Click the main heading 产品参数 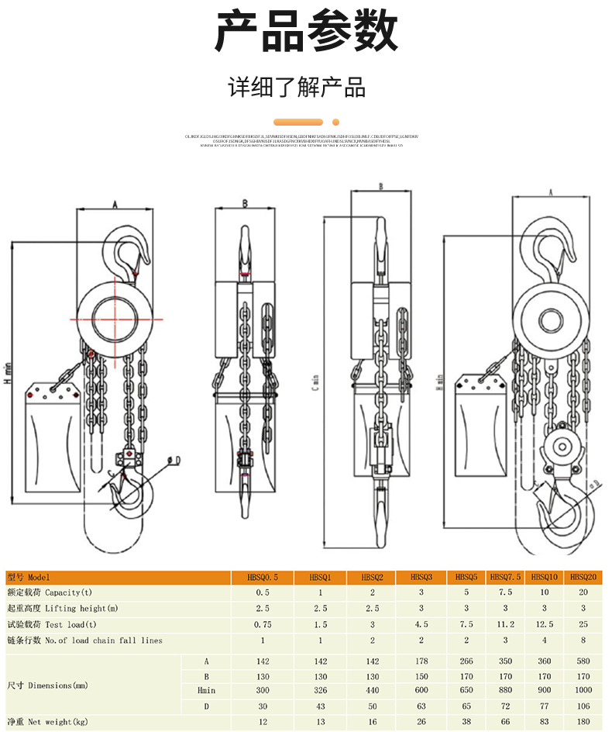[x=306, y=33]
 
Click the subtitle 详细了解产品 [x=297, y=87]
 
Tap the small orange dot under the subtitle [x=335, y=122]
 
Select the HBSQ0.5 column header [x=261, y=578]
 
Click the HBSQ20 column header [x=583, y=578]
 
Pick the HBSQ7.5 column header [x=505, y=578]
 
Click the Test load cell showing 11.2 [x=505, y=624]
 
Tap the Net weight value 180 [x=583, y=723]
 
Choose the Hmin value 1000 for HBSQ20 [x=583, y=690]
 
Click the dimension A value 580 [x=583, y=661]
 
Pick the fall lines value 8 [x=583, y=640]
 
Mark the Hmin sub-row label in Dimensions [x=205, y=690]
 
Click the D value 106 [x=583, y=706]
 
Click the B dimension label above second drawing [x=245, y=204]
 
